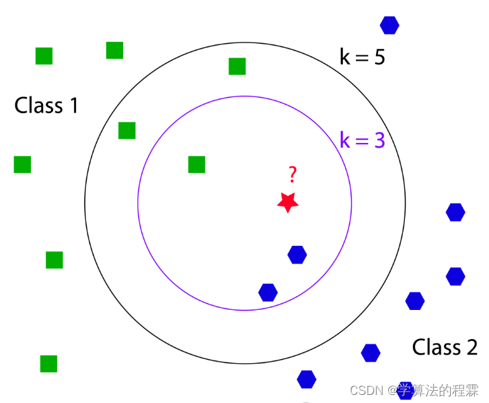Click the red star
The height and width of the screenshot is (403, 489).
288,202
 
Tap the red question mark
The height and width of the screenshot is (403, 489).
292,175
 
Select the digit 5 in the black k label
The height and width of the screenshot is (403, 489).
378,57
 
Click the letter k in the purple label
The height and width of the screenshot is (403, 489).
345,140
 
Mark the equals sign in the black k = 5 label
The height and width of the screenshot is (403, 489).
362,58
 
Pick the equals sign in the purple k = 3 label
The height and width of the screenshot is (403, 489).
362,141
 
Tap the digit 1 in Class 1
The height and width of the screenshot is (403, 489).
71,106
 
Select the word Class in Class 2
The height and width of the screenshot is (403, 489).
436,347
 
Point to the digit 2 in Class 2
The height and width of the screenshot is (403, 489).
470,347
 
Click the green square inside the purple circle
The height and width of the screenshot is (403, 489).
196,164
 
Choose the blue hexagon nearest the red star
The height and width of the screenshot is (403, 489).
297,255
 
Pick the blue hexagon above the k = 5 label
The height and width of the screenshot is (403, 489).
389,25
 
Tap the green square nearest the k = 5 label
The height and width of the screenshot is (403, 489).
237,66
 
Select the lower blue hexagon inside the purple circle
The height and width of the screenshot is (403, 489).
268,292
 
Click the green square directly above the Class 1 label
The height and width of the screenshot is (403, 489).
44,56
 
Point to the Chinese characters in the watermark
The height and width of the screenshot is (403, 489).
437,391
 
